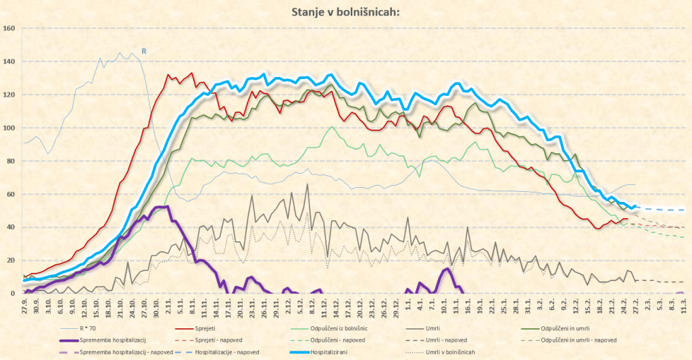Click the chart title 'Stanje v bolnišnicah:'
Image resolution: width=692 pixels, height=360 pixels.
coord(345,11)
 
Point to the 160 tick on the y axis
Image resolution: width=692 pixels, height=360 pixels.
coord(9,28)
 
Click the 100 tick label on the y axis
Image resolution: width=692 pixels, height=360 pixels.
coord(9,128)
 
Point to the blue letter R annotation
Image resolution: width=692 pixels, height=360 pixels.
coord(144,50)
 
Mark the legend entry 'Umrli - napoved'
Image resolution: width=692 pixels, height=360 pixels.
coord(451,339)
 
